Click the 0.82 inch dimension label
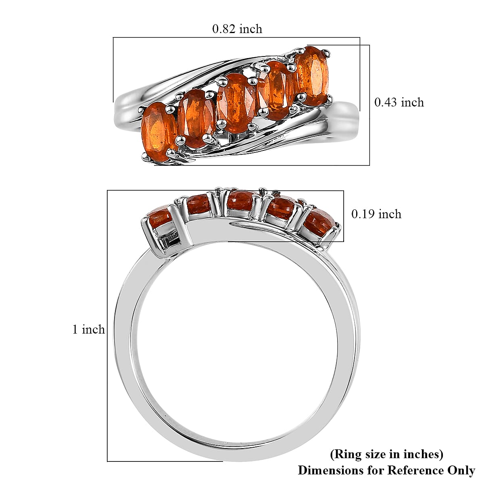click(237, 29)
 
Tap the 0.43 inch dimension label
click(399, 102)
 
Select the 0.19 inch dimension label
click(376, 214)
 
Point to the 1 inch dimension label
click(88, 329)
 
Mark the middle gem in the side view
click(240, 200)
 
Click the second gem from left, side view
click(199, 204)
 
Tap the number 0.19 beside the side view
click(363, 214)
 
